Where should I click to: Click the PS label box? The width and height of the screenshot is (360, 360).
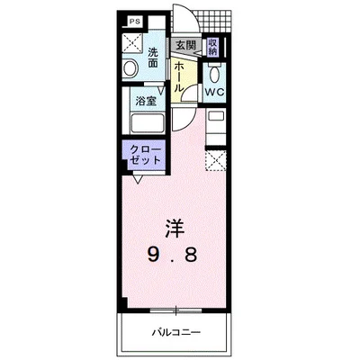[x=133, y=21]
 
